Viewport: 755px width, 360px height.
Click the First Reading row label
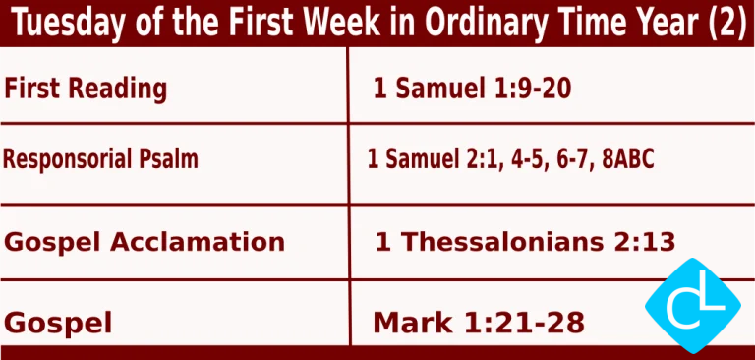coord(86,89)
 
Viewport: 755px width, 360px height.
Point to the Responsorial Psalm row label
coord(100,158)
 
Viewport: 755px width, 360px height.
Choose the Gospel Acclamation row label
coord(145,241)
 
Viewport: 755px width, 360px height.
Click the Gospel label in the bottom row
coord(58,322)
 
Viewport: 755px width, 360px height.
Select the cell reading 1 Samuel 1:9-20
coord(472,90)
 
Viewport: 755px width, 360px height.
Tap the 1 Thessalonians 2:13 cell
coord(524,241)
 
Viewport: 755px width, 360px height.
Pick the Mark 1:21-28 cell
coord(479,322)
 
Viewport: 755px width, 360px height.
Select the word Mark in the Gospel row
coord(414,322)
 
